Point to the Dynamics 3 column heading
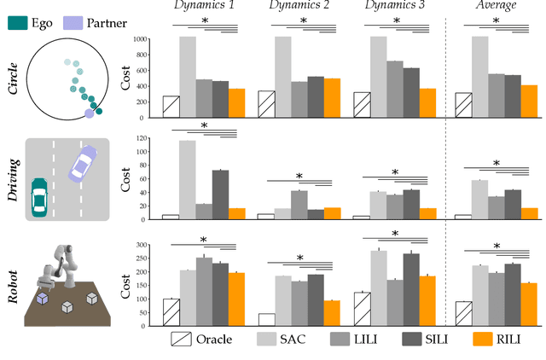coord(394,8)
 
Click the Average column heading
coord(500,8)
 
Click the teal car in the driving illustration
coord(39,197)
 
